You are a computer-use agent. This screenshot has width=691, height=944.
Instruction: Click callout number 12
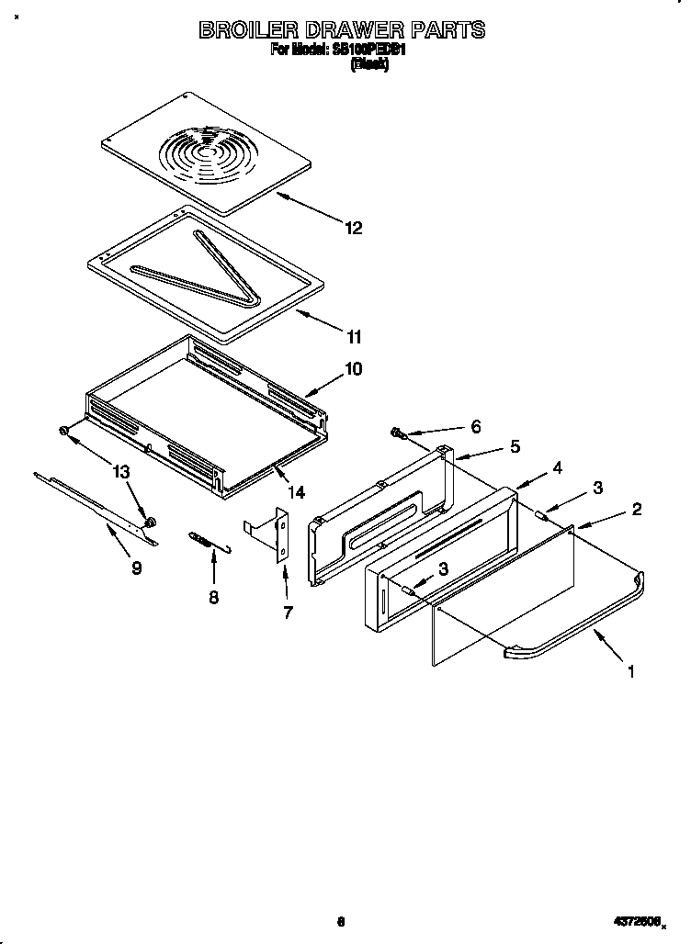pyautogui.click(x=353, y=228)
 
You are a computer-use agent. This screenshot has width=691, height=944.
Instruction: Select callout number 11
pyautogui.click(x=353, y=336)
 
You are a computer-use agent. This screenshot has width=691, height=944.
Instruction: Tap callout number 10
pyautogui.click(x=353, y=369)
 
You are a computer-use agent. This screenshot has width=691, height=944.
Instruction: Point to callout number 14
pyautogui.click(x=295, y=492)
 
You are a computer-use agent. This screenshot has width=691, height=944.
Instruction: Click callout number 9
pyautogui.click(x=136, y=568)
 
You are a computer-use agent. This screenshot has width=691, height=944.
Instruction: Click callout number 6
pyautogui.click(x=475, y=427)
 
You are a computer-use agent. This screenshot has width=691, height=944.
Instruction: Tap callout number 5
pyautogui.click(x=515, y=446)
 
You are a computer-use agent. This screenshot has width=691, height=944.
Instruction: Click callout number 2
pyautogui.click(x=637, y=509)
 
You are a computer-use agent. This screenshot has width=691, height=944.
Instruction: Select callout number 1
pyautogui.click(x=629, y=672)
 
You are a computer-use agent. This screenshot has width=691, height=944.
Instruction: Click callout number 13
pyautogui.click(x=121, y=472)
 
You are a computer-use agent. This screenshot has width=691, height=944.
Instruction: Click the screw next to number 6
pyautogui.click(x=397, y=432)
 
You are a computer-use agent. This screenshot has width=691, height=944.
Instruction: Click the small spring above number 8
pyautogui.click(x=207, y=541)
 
